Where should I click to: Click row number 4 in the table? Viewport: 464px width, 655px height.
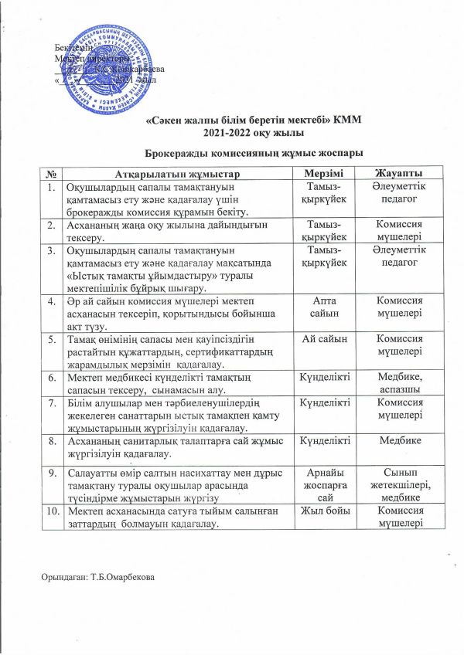tap(51, 300)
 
